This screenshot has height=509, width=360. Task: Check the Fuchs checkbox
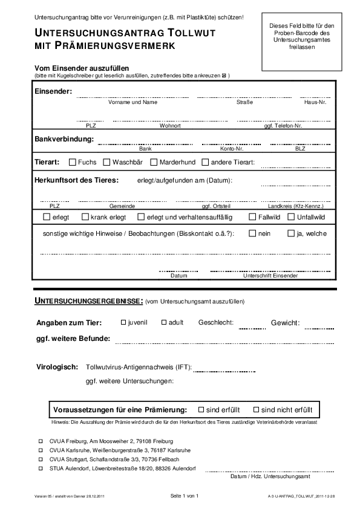[x=73, y=162]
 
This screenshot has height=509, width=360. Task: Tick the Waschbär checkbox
[x=106, y=162]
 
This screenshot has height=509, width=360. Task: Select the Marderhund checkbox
[x=154, y=162]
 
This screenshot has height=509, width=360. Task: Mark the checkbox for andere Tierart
[x=205, y=162]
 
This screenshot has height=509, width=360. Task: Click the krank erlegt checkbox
[x=85, y=216]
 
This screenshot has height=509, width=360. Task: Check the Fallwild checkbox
[x=252, y=216]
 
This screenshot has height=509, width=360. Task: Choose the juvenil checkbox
[x=123, y=322]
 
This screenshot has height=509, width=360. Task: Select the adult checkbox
[x=163, y=322]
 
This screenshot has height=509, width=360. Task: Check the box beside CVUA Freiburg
[x=41, y=441]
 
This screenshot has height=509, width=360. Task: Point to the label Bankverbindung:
[x=64, y=139]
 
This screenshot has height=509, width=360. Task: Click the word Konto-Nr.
[x=232, y=148]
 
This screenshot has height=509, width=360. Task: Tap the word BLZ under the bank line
[x=300, y=148]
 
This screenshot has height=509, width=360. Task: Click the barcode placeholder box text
[x=301, y=36]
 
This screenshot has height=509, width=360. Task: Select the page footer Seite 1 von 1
[x=185, y=496]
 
